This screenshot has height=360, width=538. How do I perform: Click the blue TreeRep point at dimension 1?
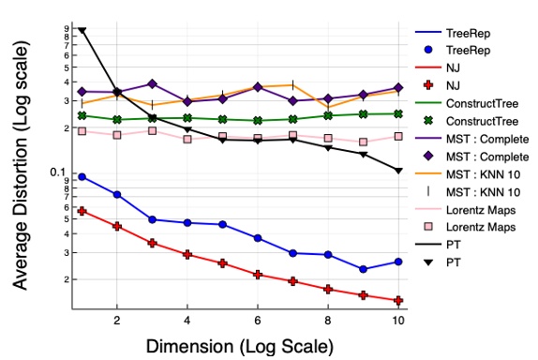[x=82, y=176]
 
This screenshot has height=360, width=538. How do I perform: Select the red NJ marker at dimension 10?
[x=399, y=301]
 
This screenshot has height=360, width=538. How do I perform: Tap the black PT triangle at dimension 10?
[x=399, y=171]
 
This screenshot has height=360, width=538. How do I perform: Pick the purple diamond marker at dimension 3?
[x=152, y=84]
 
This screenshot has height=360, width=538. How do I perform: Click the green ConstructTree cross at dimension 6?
[x=258, y=120]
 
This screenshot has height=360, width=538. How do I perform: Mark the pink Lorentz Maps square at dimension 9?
[x=364, y=142]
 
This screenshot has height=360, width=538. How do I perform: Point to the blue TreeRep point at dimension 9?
[x=364, y=269]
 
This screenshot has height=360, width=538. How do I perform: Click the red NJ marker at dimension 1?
[x=82, y=211]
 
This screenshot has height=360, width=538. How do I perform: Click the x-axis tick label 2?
[x=116, y=320]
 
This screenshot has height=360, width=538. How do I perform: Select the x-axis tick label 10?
[x=398, y=320]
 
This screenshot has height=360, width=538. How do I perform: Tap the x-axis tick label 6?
[x=258, y=320]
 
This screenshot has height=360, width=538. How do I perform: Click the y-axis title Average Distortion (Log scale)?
[x=20, y=169]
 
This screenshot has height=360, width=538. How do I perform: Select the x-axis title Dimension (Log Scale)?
[x=239, y=346]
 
